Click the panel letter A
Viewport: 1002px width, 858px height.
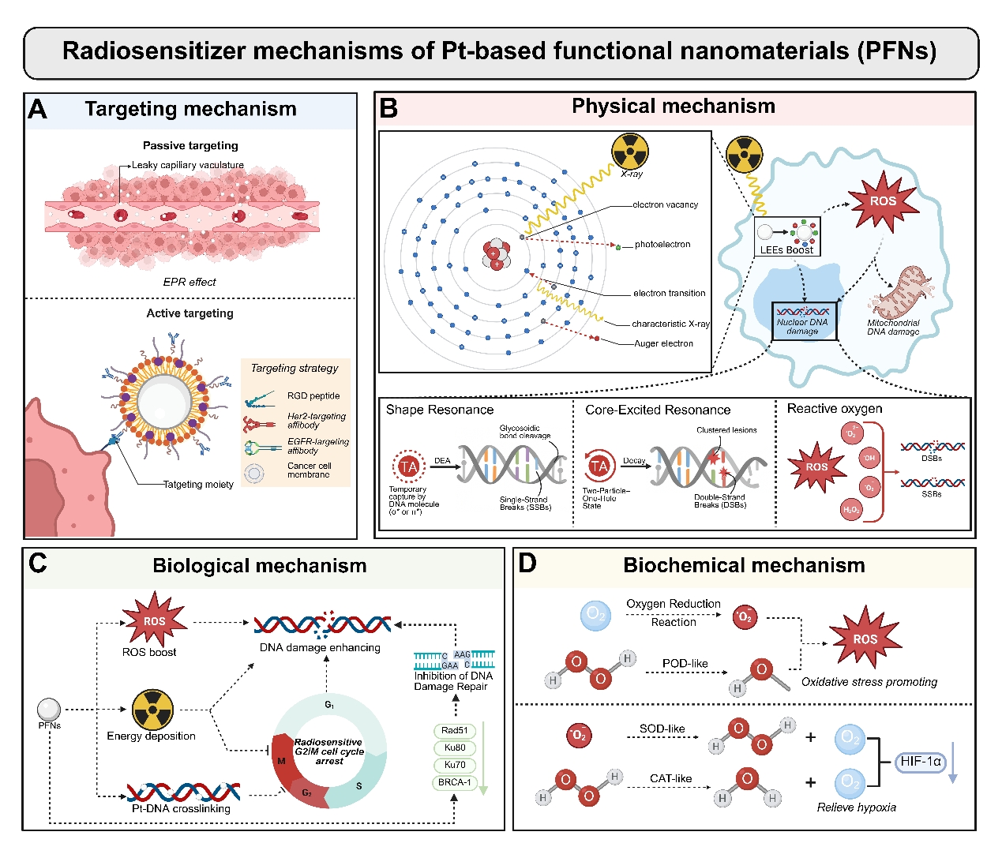click(x=37, y=109)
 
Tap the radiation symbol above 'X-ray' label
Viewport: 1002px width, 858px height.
click(x=629, y=151)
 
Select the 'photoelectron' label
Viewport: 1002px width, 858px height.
click(x=662, y=245)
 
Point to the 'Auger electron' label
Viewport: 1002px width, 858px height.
click(x=663, y=343)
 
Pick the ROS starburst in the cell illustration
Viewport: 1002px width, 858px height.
click(x=883, y=201)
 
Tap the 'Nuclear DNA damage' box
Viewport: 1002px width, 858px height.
click(x=802, y=321)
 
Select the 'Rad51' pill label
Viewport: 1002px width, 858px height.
click(x=455, y=731)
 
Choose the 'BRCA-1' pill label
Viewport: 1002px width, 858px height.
click(x=455, y=782)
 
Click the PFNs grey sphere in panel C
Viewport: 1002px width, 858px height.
click(x=49, y=709)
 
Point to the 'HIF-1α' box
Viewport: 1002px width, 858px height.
click(x=920, y=762)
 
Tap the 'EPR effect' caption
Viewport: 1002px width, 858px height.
click(x=190, y=282)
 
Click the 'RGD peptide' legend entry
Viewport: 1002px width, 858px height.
click(x=313, y=396)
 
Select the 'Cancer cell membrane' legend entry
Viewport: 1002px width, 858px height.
click(x=309, y=470)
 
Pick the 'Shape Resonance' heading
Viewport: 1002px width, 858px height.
click(x=440, y=410)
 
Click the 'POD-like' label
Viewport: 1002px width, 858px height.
click(x=685, y=663)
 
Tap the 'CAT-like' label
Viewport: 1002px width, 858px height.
click(x=670, y=778)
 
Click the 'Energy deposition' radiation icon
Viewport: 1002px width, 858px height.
click(x=152, y=709)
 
